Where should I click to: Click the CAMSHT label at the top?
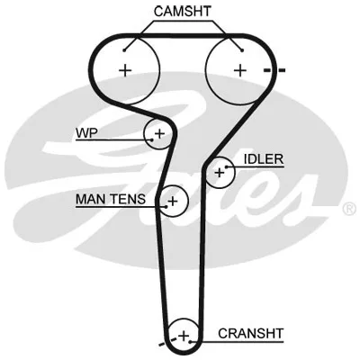tap(183, 12)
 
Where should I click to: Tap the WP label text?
tap(86, 133)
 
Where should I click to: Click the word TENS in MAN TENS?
tap(128, 199)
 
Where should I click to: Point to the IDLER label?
tap(264, 159)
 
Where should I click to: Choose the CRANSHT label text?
tap(250, 333)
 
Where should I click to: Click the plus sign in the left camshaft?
tap(125, 71)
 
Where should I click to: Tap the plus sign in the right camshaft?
tap(240, 71)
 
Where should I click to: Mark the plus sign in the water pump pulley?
tap(159, 133)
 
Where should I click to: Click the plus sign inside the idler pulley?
tap(220, 173)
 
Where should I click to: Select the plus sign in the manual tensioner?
tap(173, 201)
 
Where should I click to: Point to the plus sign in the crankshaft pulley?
tap(184, 336)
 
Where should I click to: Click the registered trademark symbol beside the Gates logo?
tap(349, 209)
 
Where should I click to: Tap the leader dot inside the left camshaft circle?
tap(124, 50)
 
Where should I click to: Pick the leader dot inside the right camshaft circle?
tap(242, 50)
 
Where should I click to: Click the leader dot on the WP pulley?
tap(152, 139)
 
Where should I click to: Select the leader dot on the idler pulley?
tap(227, 166)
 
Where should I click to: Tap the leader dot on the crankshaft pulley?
tap(190, 341)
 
